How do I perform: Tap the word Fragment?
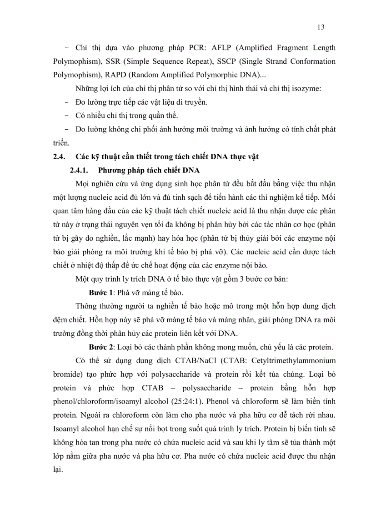click(276, 48)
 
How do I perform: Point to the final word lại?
click(58, 470)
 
